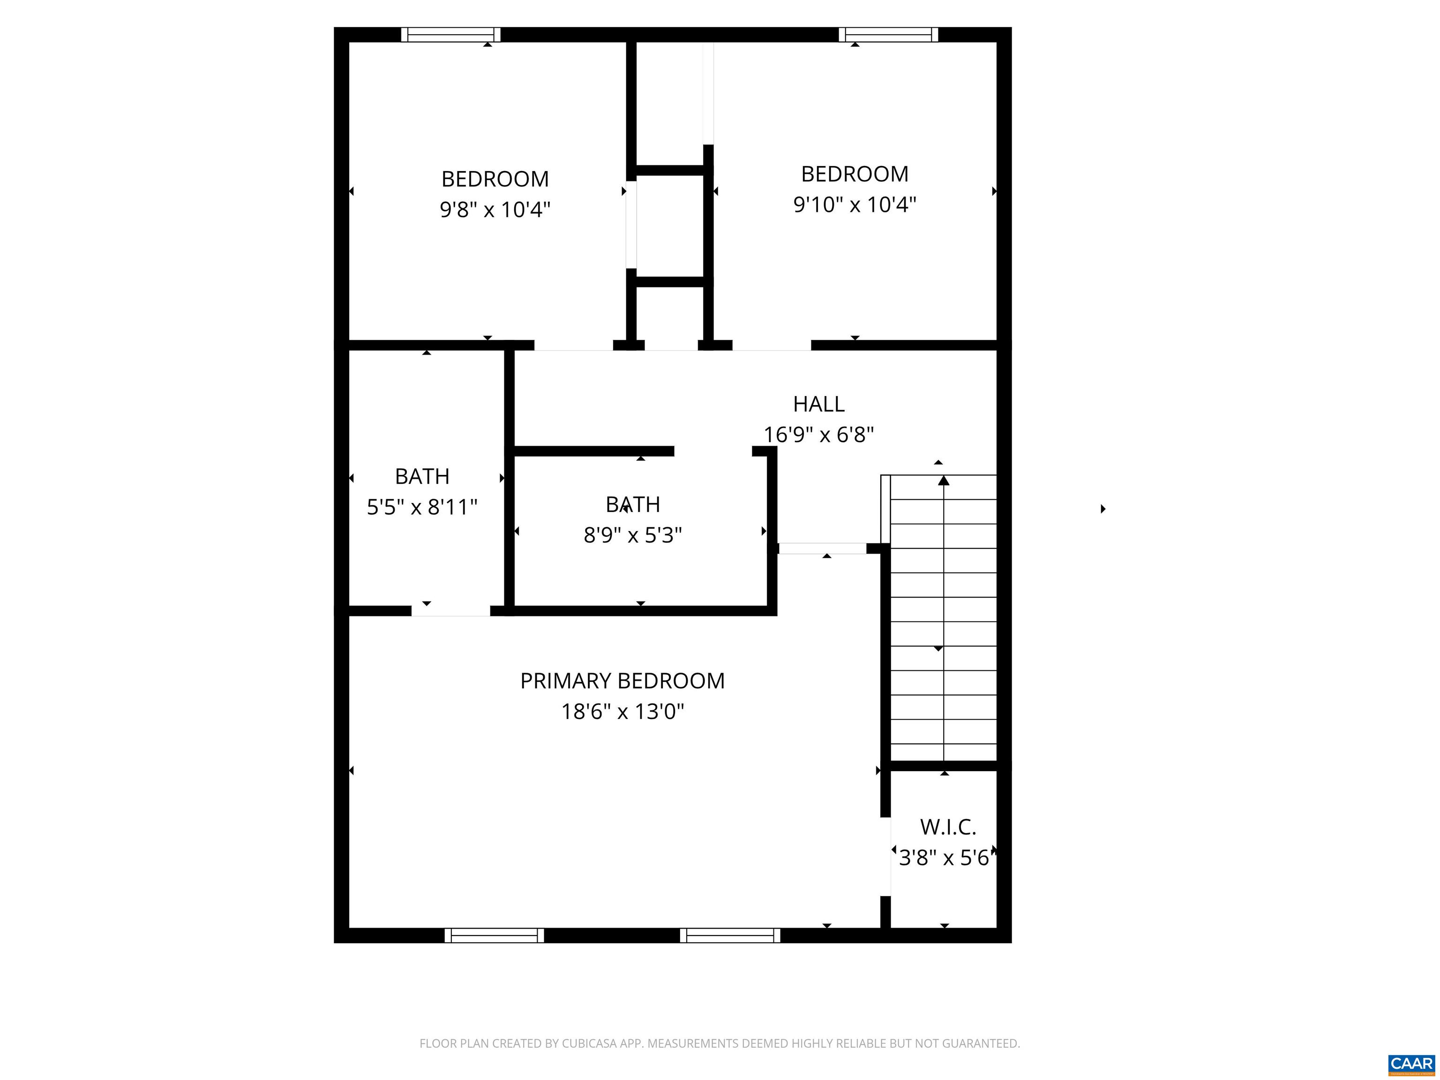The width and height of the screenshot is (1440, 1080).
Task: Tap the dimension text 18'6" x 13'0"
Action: tap(622, 712)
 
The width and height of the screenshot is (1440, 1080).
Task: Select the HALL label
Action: tap(818, 404)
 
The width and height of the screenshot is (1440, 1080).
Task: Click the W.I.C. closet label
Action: tap(947, 827)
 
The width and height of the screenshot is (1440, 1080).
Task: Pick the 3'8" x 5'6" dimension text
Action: tap(944, 858)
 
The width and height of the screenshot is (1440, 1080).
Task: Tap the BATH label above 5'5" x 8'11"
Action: tap(422, 477)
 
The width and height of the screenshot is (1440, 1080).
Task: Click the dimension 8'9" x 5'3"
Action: tap(632, 535)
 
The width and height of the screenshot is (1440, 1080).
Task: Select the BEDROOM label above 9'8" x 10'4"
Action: tap(495, 179)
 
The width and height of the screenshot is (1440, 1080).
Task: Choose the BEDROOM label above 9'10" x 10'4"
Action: tap(854, 174)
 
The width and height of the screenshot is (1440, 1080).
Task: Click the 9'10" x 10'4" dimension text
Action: tap(854, 204)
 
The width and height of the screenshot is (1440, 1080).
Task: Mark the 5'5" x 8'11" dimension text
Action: tap(422, 507)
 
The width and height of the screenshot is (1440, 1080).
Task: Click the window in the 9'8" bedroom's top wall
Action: tap(450, 35)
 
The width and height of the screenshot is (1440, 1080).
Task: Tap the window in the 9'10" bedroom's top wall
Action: tap(888, 35)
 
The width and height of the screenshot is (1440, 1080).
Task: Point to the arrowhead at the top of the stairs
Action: tap(943, 480)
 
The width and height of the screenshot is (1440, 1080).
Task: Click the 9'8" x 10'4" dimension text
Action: tap(495, 210)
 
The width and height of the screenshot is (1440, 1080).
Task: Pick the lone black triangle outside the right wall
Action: tap(1103, 509)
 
